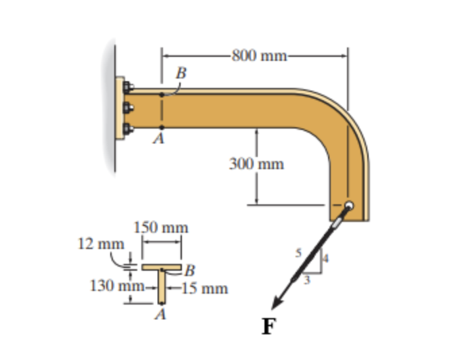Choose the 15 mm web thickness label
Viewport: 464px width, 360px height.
[204, 289]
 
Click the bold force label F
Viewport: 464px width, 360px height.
[269, 328]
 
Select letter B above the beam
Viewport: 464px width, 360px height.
[181, 72]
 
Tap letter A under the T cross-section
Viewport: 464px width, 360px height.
[161, 315]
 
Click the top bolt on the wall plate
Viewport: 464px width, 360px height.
[128, 87]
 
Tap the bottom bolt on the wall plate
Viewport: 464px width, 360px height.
[128, 129]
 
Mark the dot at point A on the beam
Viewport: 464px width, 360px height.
[162, 127]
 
